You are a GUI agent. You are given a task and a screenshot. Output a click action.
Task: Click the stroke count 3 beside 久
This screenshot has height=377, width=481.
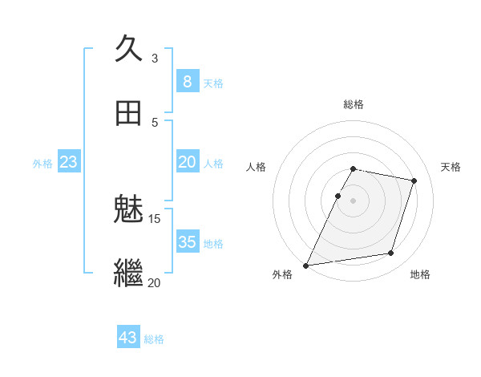155,58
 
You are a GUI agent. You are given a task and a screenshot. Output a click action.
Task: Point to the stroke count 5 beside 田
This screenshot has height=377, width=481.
155,123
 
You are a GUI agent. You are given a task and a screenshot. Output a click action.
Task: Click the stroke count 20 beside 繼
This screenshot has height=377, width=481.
155,282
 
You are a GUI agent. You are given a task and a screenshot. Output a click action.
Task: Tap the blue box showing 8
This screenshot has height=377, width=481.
187,82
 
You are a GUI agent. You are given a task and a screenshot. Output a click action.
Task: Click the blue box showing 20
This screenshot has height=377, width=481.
187,162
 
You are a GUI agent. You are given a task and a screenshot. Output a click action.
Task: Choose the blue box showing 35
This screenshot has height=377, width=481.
187,242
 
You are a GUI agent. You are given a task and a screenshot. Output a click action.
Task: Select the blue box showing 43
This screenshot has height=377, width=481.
128,338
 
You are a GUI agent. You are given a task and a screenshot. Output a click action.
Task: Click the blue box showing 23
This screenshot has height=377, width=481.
68,162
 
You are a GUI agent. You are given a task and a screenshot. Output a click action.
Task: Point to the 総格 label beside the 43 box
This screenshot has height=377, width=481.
154,339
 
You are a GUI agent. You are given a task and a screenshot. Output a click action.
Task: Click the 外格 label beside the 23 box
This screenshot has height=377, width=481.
42,164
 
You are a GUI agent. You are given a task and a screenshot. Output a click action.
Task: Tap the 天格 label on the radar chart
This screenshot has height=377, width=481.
451,167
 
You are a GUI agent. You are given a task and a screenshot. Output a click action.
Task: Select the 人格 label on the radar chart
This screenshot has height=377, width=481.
256,167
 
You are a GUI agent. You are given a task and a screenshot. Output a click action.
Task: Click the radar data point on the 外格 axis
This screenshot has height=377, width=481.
306,265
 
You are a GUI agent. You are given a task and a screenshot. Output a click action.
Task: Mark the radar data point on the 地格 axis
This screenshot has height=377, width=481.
390,253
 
